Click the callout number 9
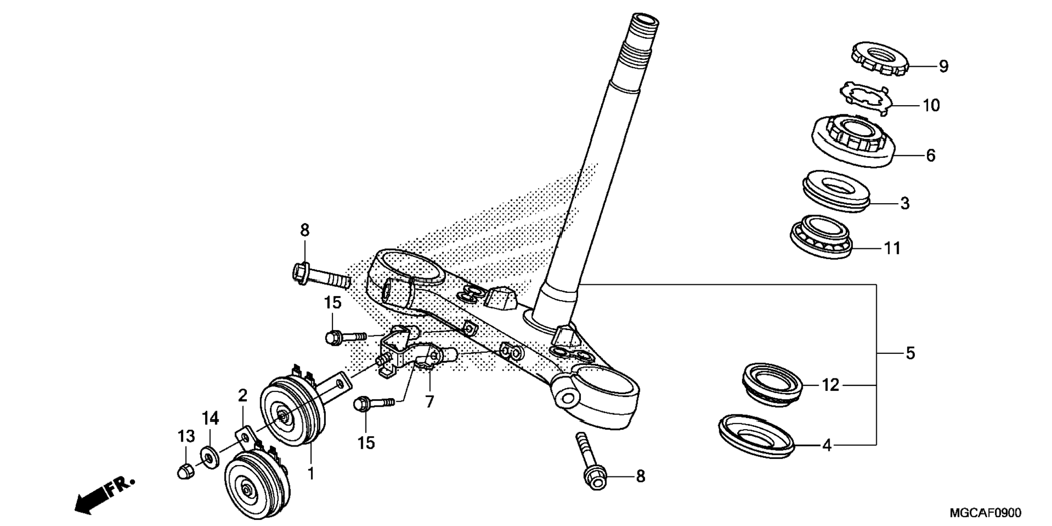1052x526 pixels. coord(943,66)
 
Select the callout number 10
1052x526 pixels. coord(931,105)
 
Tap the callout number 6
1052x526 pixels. coord(931,156)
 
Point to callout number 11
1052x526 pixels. coord(892,248)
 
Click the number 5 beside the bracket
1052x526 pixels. coord(910,353)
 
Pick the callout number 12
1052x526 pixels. coord(830,386)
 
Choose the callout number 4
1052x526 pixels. coord(827,445)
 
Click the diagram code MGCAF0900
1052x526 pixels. coord(985,513)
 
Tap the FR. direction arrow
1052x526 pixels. coord(103,493)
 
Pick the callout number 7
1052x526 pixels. coord(429,402)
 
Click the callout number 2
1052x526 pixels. coord(243,395)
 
